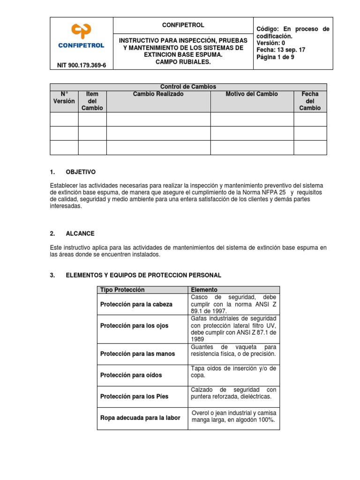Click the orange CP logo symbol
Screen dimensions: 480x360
[81, 31]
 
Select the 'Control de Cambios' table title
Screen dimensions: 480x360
[188, 87]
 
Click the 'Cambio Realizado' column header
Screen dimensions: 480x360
[158, 94]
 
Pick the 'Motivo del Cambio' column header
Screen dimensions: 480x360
[252, 94]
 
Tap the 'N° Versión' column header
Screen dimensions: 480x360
[64, 97]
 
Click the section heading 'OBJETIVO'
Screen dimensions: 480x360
[79, 172]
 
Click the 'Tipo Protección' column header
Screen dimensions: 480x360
[122, 290]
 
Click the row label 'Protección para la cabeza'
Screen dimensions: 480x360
[136, 304]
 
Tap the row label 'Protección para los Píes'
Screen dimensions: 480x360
[134, 396]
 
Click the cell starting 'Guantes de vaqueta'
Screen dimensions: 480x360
[233, 351]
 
